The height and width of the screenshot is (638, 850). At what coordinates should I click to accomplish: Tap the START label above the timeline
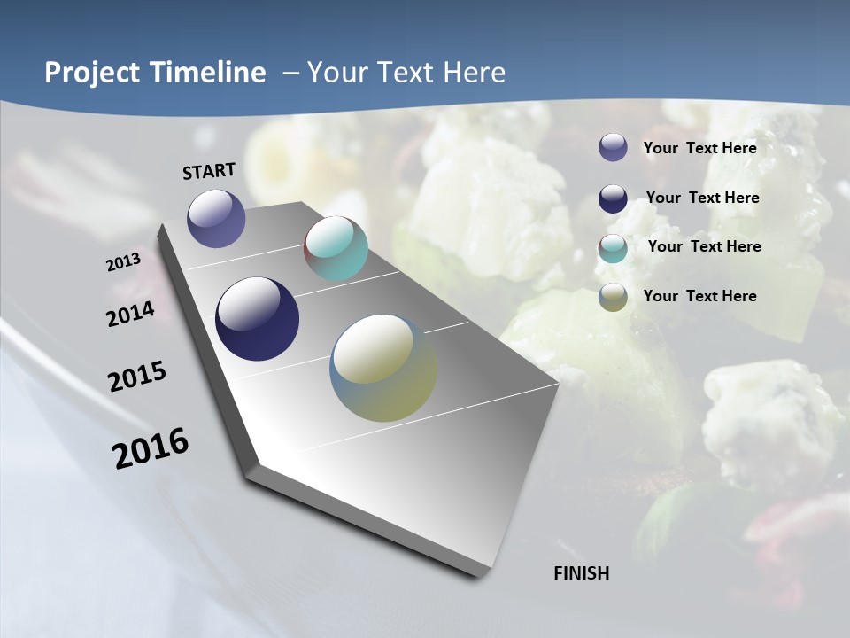click(x=209, y=171)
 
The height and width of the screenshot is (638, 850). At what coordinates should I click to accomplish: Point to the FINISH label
click(x=582, y=573)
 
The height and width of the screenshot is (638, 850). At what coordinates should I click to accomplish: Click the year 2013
click(x=123, y=262)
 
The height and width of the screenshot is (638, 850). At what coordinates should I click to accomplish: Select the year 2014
click(x=130, y=315)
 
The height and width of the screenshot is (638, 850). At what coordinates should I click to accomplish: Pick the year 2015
click(x=137, y=377)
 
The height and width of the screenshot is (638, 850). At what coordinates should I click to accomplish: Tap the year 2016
click(x=151, y=448)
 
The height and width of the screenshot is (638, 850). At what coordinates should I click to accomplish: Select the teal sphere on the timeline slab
click(x=336, y=248)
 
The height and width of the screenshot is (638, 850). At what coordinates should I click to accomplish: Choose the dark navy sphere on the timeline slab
click(x=258, y=319)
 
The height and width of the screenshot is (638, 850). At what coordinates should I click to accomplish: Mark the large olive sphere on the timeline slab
click(x=383, y=368)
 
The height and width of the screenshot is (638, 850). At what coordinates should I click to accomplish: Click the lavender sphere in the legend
click(x=613, y=147)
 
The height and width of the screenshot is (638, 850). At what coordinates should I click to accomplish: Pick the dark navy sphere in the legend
click(x=613, y=198)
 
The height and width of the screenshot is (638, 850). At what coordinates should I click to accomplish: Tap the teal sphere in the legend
click(x=613, y=248)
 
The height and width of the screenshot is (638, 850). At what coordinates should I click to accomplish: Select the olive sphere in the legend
click(x=613, y=297)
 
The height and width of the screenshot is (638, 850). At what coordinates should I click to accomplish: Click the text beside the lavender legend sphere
click(x=699, y=149)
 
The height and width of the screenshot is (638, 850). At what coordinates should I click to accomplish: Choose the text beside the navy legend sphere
click(x=702, y=198)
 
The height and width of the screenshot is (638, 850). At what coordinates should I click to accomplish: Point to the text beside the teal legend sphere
click(x=704, y=246)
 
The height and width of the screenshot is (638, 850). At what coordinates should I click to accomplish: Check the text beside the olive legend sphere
click(x=699, y=296)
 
